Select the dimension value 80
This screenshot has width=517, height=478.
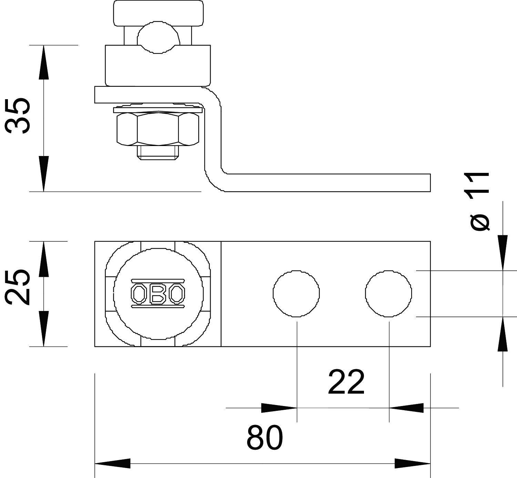[265, 438]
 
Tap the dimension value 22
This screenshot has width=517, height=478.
[346, 382]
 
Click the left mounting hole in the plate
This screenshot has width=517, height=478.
[296, 293]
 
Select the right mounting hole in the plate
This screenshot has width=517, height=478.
[388, 293]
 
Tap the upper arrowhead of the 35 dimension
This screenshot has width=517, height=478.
[43, 62]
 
